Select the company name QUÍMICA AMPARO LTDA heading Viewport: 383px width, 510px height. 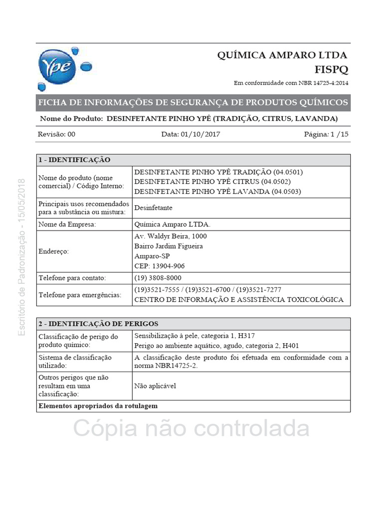pyautogui.click(x=282, y=55)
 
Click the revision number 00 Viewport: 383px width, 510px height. pyautogui.click(x=71, y=134)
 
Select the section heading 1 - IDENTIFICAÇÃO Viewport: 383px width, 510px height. pyautogui.click(x=74, y=160)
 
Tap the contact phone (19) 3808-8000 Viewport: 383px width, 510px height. pyautogui.click(x=158, y=277)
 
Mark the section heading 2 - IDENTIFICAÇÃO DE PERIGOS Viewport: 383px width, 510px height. pyautogui.click(x=99, y=324)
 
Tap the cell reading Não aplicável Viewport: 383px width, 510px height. pyautogui.click(x=155, y=385)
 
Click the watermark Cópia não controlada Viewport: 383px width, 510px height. pyautogui.click(x=191, y=428)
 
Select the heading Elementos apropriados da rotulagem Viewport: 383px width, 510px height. pyautogui.click(x=98, y=406)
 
